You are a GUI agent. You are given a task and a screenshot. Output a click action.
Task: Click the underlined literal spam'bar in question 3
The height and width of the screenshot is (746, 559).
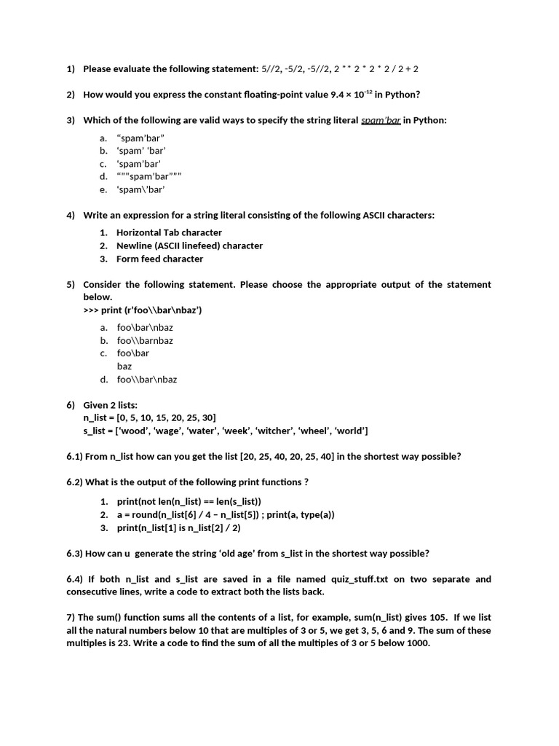381,120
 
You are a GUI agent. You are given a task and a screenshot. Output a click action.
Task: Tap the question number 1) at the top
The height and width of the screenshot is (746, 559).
71,69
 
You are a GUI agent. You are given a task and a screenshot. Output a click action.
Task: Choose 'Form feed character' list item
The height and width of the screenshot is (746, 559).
159,259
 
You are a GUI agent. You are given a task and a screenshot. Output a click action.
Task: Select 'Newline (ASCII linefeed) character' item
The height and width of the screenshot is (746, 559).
189,246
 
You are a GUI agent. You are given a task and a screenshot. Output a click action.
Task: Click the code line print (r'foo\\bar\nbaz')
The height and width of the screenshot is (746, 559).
143,310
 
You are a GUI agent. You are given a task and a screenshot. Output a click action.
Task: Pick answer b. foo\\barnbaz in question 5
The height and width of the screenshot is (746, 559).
145,340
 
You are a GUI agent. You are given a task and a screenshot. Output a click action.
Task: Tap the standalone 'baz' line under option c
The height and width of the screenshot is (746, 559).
124,366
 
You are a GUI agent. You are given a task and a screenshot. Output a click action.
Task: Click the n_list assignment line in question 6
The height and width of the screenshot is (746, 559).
150,417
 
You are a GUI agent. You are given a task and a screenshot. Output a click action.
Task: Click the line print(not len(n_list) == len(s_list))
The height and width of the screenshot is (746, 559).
189,501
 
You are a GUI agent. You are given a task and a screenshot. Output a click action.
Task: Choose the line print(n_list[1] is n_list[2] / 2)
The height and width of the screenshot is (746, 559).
178,527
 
